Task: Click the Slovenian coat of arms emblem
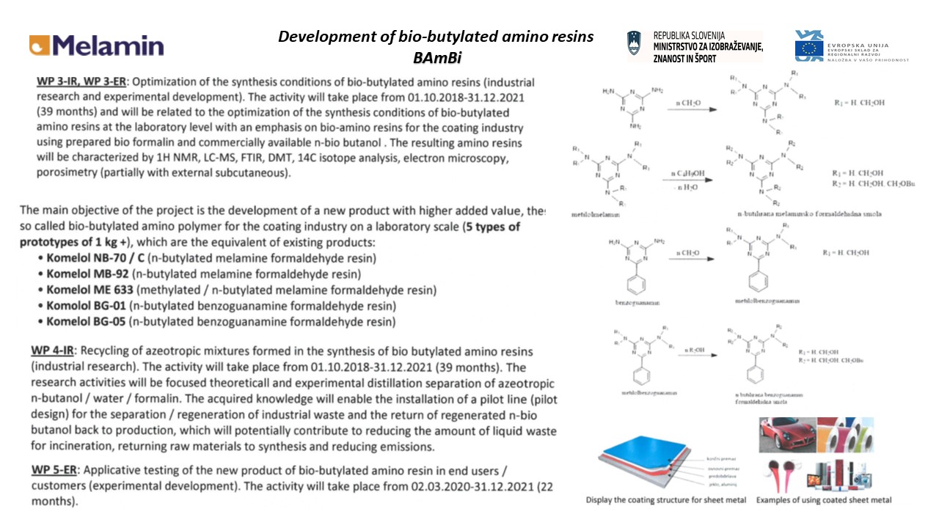(635, 45)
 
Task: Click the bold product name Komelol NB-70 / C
(96, 258)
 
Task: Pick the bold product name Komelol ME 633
(92, 290)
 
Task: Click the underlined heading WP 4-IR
(56, 352)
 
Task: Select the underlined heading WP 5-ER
(57, 470)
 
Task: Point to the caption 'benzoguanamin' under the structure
(634, 301)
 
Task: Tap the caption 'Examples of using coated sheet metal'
(824, 500)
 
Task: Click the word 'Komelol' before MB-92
(69, 274)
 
